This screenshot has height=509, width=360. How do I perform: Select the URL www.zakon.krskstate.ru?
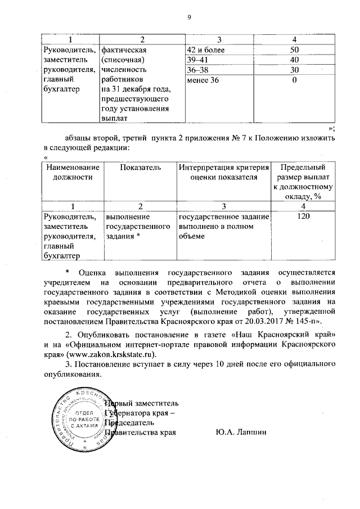(x=110, y=354)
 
